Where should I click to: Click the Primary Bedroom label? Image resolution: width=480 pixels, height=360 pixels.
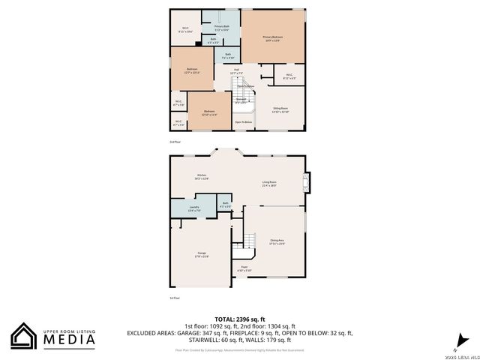(273, 37)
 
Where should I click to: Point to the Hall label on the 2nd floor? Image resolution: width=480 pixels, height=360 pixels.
(235, 70)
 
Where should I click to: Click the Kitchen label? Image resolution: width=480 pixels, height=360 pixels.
(202, 176)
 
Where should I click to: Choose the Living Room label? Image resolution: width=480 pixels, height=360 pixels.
(268, 184)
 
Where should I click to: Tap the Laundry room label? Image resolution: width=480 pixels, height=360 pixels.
(193, 209)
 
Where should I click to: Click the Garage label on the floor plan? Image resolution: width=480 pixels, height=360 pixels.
(202, 254)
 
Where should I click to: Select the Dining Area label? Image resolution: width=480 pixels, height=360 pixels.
(277, 241)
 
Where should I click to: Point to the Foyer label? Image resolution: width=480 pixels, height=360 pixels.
(244, 268)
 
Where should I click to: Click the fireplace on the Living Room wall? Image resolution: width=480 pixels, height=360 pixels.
(304, 181)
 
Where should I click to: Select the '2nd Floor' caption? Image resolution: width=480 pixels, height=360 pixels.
(175, 141)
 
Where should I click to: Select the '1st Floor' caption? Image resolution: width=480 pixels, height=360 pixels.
(175, 298)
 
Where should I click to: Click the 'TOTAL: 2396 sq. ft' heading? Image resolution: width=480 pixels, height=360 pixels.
(239, 319)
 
